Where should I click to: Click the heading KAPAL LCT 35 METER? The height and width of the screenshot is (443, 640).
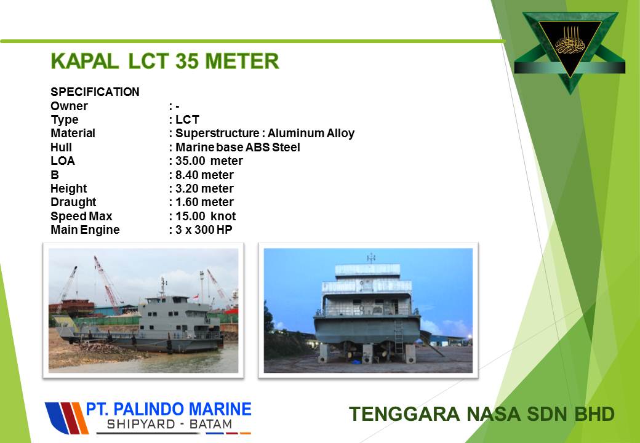tap(165, 62)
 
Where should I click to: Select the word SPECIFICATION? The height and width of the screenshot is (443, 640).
tap(95, 92)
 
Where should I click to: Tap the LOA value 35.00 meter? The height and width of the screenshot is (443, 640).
tap(209, 161)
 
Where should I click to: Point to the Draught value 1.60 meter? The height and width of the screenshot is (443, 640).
tap(204, 202)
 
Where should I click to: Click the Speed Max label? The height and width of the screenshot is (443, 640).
tap(81, 216)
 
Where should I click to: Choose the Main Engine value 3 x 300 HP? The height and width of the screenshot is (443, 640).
tap(204, 229)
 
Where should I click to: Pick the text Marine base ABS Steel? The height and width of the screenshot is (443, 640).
tap(238, 147)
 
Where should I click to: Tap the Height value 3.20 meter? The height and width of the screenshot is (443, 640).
tap(204, 188)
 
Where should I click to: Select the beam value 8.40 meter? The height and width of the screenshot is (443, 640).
tap(204, 175)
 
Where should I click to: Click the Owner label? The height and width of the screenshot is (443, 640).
tap(69, 106)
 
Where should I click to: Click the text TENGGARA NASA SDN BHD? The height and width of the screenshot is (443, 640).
tap(482, 413)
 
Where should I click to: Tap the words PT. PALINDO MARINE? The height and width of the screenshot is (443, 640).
tap(169, 409)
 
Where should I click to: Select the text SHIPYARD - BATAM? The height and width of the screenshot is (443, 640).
tap(169, 425)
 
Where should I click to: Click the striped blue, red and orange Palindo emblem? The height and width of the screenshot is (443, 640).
tap(66, 418)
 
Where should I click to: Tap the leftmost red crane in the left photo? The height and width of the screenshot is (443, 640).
tap(66, 287)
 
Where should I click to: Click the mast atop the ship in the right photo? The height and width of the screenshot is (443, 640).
tap(370, 258)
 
